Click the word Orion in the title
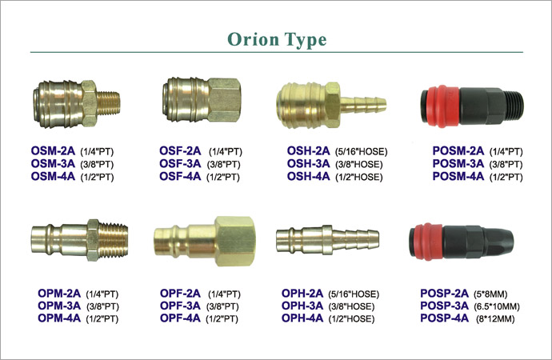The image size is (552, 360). tap(254, 39)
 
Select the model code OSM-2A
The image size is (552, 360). tap(53, 151)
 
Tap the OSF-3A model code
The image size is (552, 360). tap(180, 164)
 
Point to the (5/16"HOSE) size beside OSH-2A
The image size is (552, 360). tap(361, 152)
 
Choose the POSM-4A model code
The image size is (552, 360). tap(458, 176)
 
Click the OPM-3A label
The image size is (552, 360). tap(59, 306)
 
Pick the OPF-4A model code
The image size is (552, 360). tap(180, 318)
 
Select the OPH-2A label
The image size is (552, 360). tap(302, 294)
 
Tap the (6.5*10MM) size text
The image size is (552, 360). tap(497, 306)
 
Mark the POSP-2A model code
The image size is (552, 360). tap(444, 294)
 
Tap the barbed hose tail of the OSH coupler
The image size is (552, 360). tap(363, 105)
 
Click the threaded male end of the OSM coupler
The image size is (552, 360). tap(109, 103)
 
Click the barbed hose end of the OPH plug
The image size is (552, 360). tap(355, 240)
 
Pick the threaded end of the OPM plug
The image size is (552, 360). tap(114, 240)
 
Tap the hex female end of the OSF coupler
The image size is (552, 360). tap(225, 100)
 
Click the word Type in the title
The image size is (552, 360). tap(306, 40)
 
